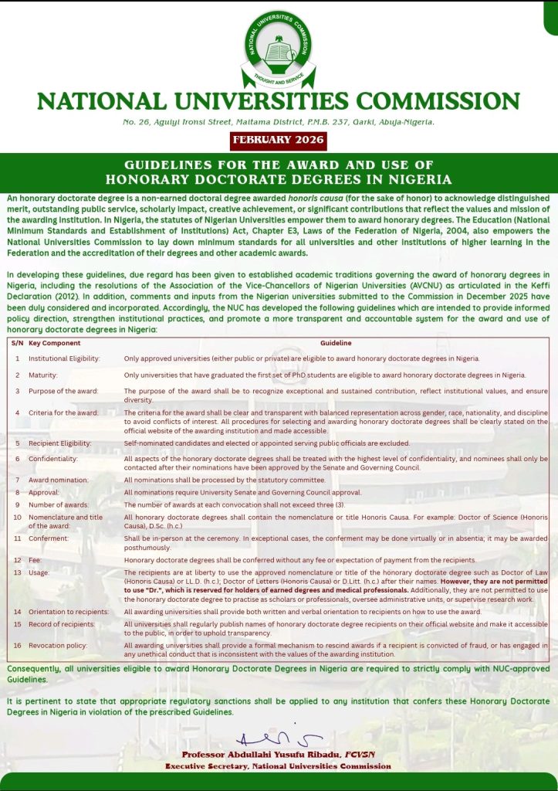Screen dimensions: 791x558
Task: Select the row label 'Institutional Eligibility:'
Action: click(x=64, y=358)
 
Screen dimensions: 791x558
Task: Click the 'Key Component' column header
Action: click(x=60, y=342)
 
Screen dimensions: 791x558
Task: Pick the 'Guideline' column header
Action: click(x=336, y=342)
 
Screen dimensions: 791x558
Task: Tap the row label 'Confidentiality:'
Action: click(x=53, y=459)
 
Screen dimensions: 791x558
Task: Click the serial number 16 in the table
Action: click(x=17, y=644)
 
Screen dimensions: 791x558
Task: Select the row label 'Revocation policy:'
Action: click(x=58, y=644)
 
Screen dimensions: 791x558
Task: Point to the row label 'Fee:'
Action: click(x=36, y=559)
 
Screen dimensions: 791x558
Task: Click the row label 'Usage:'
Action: click(x=39, y=572)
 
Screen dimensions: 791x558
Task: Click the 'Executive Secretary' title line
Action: click(x=278, y=766)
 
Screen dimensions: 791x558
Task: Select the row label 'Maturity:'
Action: click(x=43, y=375)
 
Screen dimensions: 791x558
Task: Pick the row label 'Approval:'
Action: click(x=44, y=492)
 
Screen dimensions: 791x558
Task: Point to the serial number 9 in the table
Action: click(x=17, y=504)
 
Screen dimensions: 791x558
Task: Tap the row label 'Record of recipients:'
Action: click(x=62, y=623)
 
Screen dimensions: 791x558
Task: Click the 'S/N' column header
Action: click(x=17, y=342)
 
